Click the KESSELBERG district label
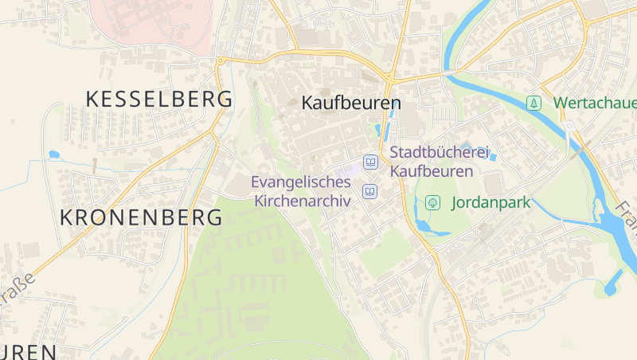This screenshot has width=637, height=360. click(x=159, y=100)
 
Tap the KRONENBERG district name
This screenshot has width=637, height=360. click(x=141, y=217)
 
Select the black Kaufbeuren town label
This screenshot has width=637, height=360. click(x=351, y=104)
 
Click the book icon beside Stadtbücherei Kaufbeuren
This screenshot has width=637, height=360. click(x=369, y=162)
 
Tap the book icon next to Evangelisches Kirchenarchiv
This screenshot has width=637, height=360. click(x=369, y=191)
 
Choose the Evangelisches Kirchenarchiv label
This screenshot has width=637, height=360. click(x=301, y=192)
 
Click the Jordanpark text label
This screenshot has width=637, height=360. click(x=490, y=202)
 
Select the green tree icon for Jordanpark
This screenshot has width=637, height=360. click(x=432, y=202)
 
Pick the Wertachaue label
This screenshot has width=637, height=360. click(x=594, y=103)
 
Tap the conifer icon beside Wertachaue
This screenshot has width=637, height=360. click(x=533, y=103)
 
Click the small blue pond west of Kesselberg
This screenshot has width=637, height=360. click(x=54, y=155)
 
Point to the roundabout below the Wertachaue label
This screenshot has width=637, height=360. click(x=569, y=127)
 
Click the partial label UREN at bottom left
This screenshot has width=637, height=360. click(x=28, y=351)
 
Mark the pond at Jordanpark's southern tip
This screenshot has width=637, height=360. click(x=423, y=229)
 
